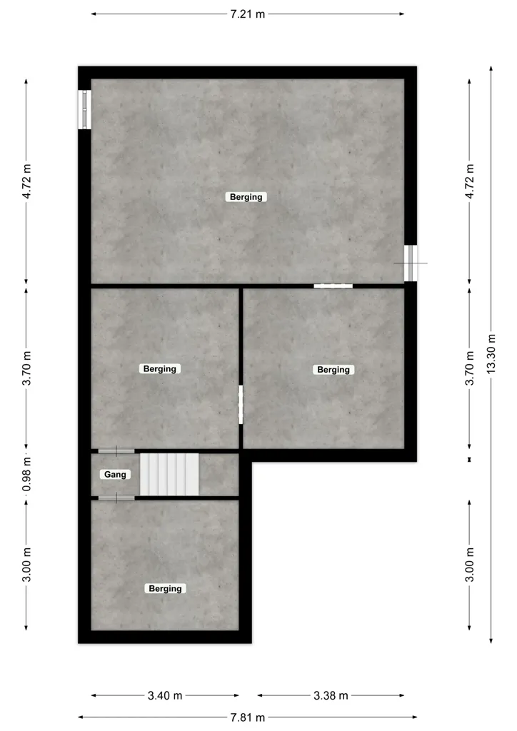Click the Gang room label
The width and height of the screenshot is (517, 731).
[115, 475]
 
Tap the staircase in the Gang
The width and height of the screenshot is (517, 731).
[169, 474]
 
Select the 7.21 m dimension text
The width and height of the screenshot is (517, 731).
[248, 14]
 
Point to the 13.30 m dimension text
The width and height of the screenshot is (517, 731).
[491, 354]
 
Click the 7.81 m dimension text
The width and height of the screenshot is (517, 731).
[248, 717]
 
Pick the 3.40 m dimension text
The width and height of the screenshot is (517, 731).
[165, 695]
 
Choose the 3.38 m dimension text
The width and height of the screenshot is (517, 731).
[331, 695]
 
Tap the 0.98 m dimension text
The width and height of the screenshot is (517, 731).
[27, 474]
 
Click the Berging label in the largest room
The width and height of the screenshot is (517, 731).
[246, 197]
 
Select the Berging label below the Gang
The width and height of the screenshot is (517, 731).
[165, 588]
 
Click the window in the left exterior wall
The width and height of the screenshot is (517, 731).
[84, 109]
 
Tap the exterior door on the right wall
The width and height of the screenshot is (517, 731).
[411, 263]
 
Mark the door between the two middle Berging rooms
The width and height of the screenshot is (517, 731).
[241, 405]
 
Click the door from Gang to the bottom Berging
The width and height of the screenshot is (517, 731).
[116, 498]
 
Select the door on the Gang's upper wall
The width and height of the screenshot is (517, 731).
[116, 451]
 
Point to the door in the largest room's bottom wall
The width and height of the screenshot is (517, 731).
[333, 286]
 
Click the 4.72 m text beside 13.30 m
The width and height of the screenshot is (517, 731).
[469, 181]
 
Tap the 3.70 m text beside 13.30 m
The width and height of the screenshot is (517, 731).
[469, 368]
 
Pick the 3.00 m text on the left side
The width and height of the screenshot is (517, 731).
[27, 565]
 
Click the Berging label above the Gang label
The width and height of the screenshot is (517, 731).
[160, 369]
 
